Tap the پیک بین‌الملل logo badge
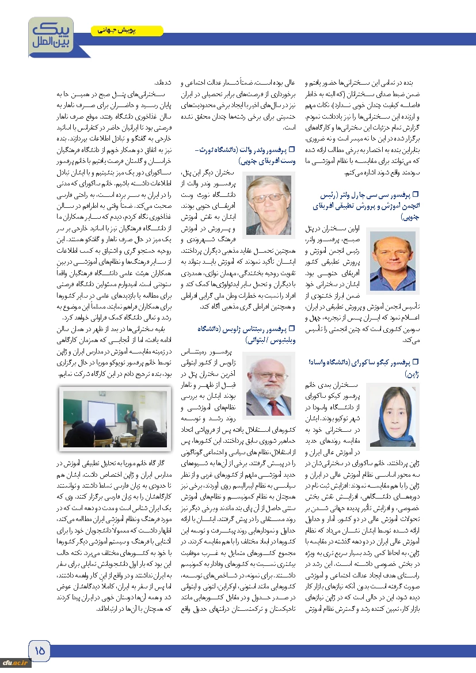click(48, 34)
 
